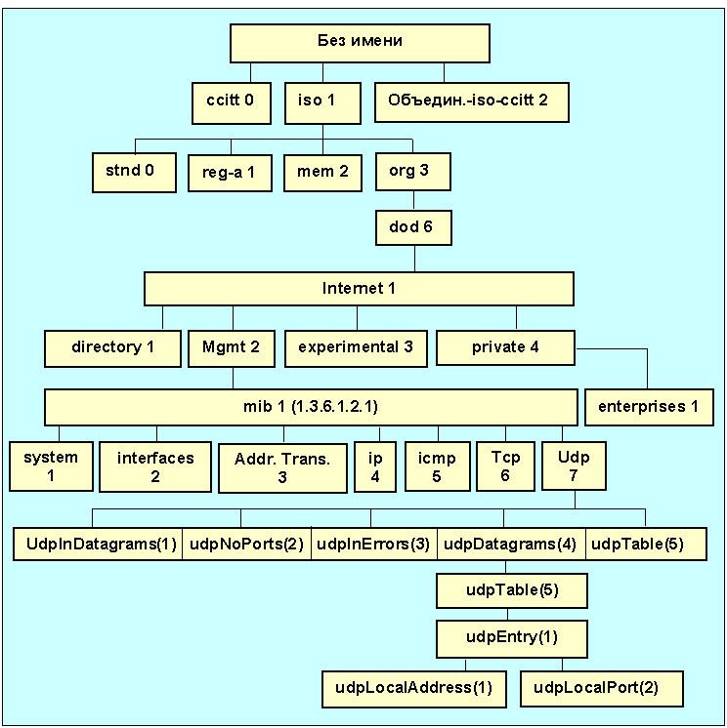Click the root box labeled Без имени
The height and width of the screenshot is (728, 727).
tap(360, 43)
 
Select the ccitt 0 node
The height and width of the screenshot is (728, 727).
tap(231, 101)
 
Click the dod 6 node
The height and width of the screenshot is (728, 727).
tap(414, 228)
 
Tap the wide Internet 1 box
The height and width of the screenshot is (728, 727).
tap(359, 290)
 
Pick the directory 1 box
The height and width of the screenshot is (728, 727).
tap(113, 347)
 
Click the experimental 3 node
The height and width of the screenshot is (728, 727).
tap(356, 347)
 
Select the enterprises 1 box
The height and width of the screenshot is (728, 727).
tap(649, 407)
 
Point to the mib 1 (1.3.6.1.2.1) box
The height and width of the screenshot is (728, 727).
tap(311, 407)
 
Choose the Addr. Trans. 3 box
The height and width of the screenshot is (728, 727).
tap(282, 468)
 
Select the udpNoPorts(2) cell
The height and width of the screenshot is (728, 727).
tap(246, 545)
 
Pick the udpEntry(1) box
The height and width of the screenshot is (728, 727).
tap(512, 637)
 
